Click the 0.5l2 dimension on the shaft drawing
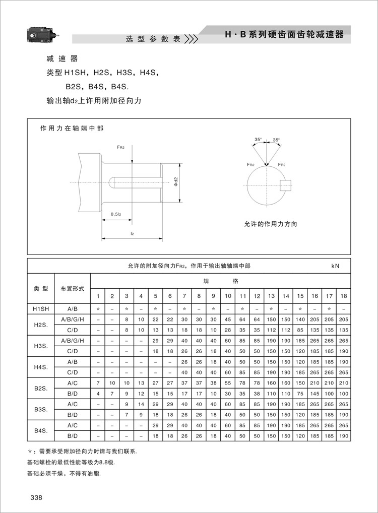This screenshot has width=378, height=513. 116,214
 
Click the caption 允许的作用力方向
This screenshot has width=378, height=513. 270,224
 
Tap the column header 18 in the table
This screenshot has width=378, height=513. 344,296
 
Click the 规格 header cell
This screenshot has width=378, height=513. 220,281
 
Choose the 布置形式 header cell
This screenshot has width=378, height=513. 73,288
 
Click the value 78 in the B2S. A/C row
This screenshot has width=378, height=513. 257,383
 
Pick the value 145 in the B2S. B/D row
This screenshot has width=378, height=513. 315,393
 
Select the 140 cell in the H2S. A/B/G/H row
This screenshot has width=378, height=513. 300,319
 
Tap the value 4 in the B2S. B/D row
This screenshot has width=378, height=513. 98,393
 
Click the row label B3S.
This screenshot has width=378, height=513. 41,409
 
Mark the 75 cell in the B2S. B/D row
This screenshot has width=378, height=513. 300,393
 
